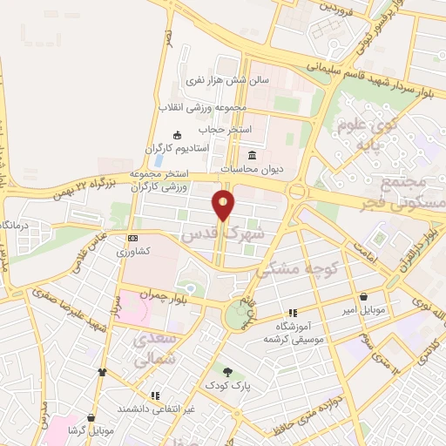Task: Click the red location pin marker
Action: pyautogui.click(x=224, y=206)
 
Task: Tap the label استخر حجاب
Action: pyautogui.click(x=225, y=129)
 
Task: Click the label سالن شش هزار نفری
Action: pyautogui.click(x=228, y=80)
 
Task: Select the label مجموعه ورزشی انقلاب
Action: pyautogui.click(x=203, y=107)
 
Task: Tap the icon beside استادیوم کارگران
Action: pyautogui.click(x=178, y=135)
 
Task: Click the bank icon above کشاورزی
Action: pyautogui.click(x=132, y=238)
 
